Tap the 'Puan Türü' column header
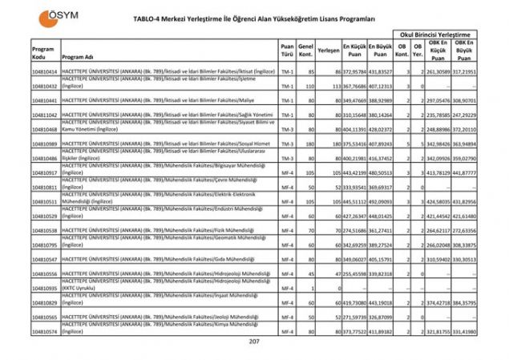point(286,51)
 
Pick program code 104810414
point(43,72)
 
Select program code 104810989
point(43,144)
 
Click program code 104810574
point(43,331)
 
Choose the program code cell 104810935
point(43,288)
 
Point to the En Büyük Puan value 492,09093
point(381,201)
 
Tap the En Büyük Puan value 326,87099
point(381,317)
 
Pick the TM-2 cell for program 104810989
point(286,144)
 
